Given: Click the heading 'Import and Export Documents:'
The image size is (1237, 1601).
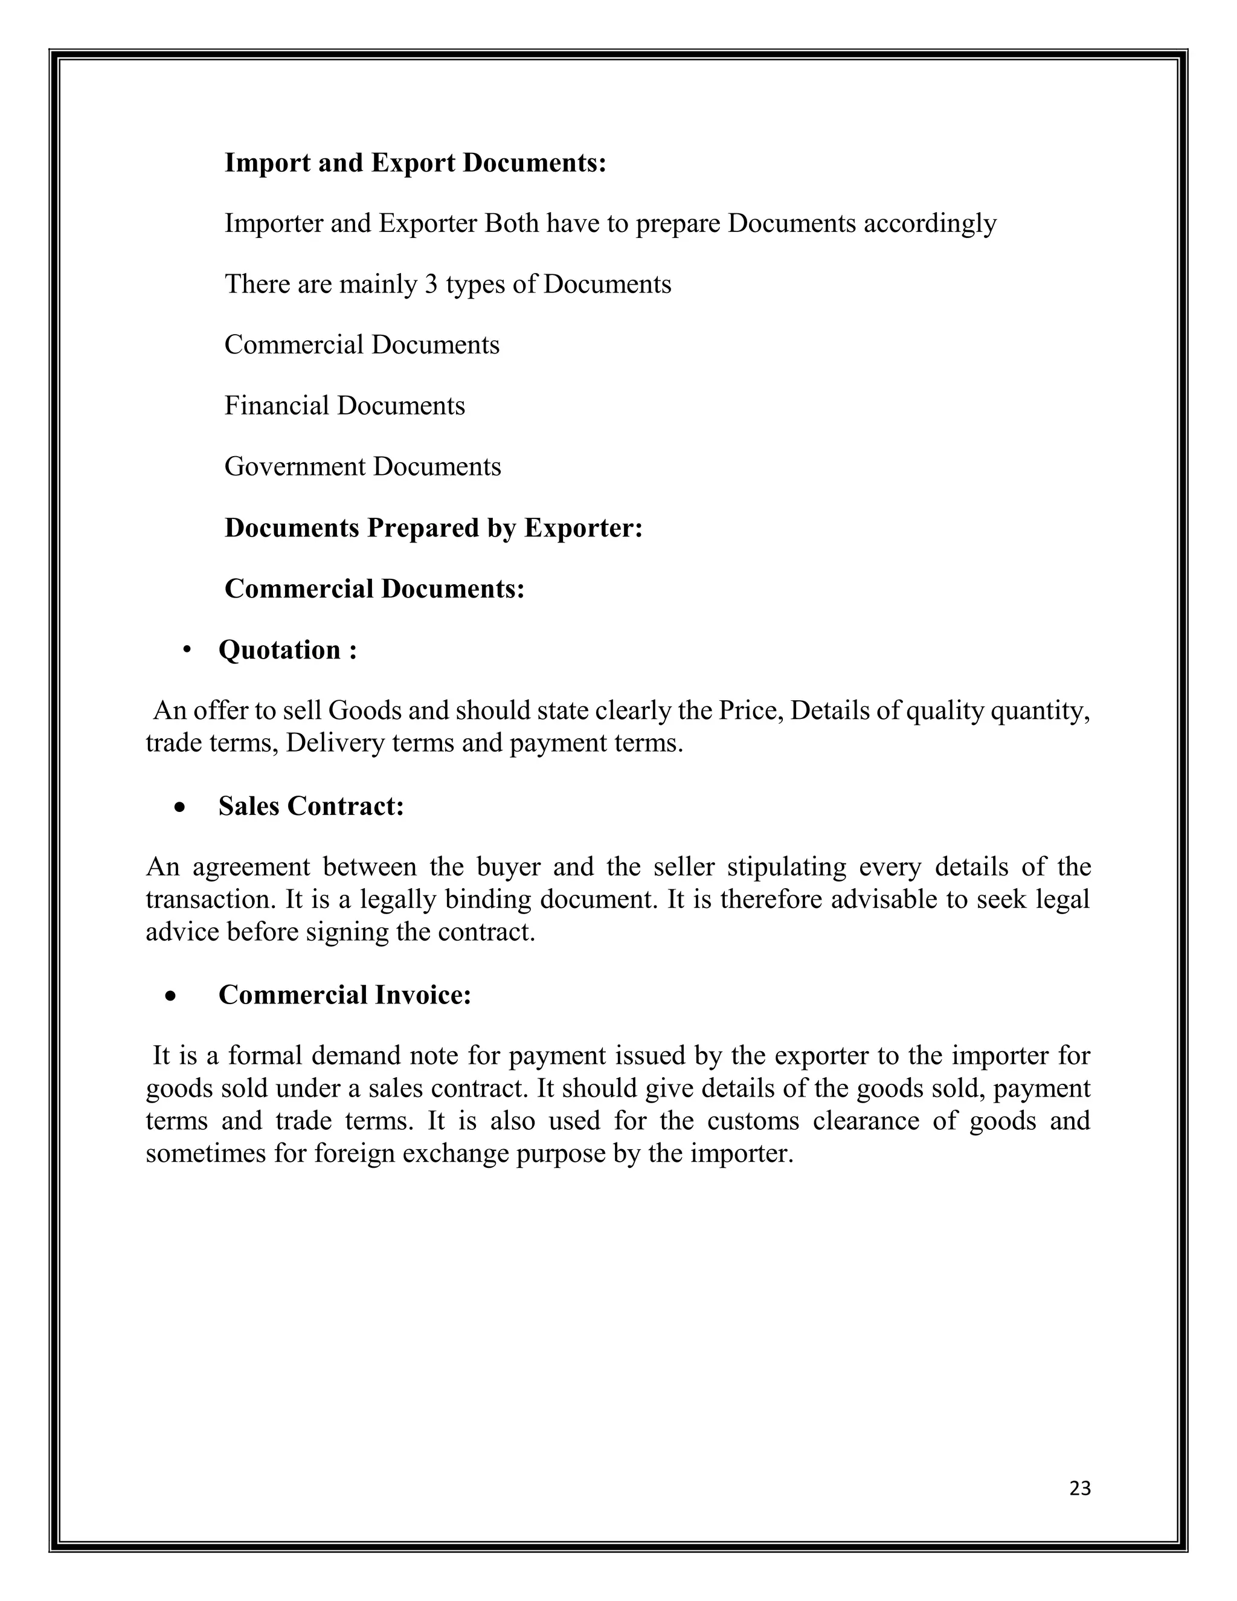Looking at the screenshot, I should [x=416, y=163].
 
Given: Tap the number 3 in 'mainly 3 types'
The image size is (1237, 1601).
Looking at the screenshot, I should [x=431, y=284].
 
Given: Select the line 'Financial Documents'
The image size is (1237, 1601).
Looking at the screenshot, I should [x=344, y=405].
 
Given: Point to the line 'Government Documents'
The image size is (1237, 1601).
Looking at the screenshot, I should [x=363, y=466].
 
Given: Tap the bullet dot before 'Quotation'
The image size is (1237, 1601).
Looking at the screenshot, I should [x=188, y=649].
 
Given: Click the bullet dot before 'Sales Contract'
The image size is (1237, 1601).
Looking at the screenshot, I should [x=179, y=808].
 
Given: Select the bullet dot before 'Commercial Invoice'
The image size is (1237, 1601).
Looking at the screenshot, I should [x=171, y=996].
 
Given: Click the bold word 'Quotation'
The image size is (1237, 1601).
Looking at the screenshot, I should [x=279, y=649].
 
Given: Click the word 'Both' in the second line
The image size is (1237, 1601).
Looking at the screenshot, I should [x=512, y=224].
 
